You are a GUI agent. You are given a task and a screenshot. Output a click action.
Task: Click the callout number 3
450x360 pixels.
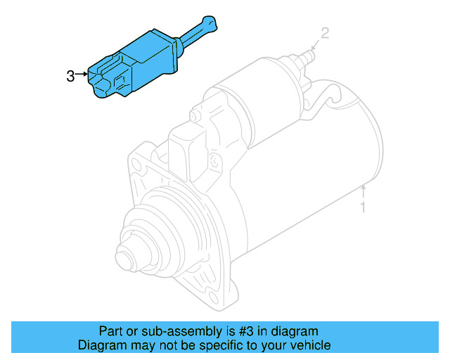tap(70, 76)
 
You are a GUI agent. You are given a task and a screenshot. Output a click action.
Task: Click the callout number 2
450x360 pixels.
tap(324, 32)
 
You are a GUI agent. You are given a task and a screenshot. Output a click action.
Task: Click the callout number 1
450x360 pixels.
tap(363, 207)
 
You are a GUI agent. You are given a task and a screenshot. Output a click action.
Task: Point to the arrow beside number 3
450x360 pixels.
tap(83, 73)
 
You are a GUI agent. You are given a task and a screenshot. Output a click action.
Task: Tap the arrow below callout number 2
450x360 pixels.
tap(315, 46)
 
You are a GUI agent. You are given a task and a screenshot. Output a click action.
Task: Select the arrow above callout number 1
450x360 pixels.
tap(363, 191)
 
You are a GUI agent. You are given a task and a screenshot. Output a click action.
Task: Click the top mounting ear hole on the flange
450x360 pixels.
tap(138, 166)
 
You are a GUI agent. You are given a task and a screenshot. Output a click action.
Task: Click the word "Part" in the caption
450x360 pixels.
tap(111, 330)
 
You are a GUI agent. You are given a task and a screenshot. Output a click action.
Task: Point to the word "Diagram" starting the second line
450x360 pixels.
tap(101, 345)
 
